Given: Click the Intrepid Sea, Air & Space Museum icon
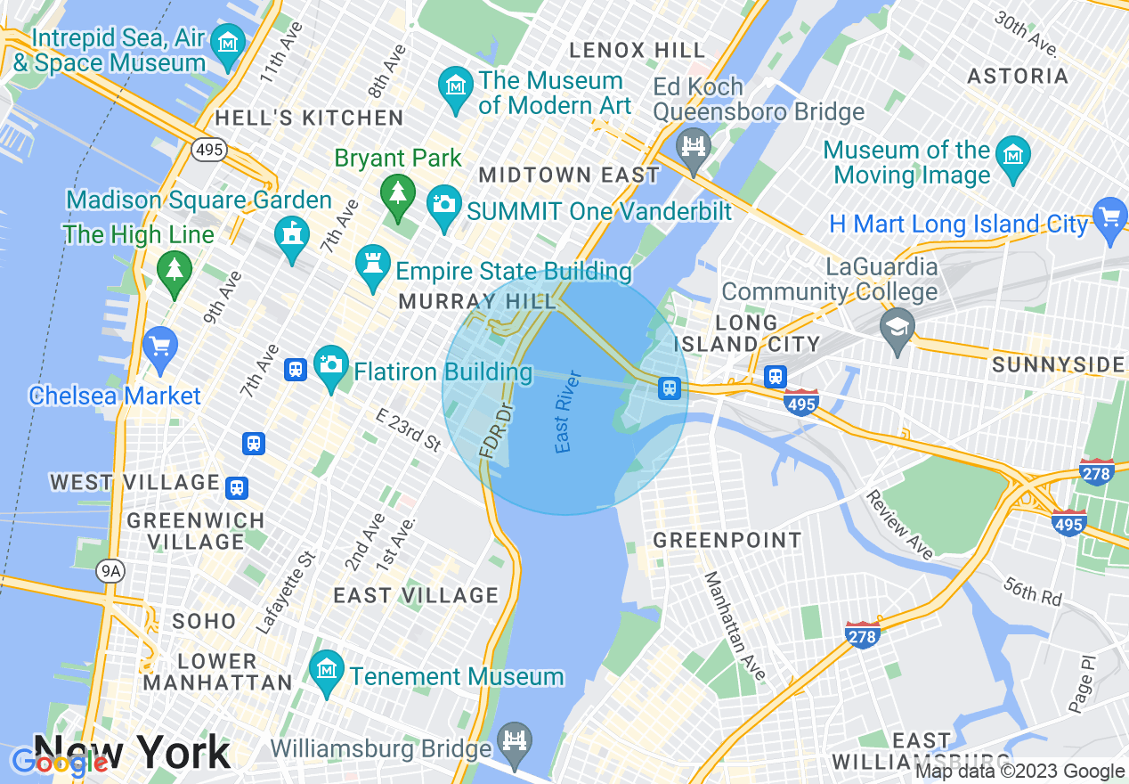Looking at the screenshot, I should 230,42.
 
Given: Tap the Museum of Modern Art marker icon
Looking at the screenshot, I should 456,86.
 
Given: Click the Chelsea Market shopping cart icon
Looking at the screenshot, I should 160,345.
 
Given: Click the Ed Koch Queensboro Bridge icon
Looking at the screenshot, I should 693,144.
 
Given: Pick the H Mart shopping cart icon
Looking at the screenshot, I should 1109,216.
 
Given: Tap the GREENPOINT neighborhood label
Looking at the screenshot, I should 727,540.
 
